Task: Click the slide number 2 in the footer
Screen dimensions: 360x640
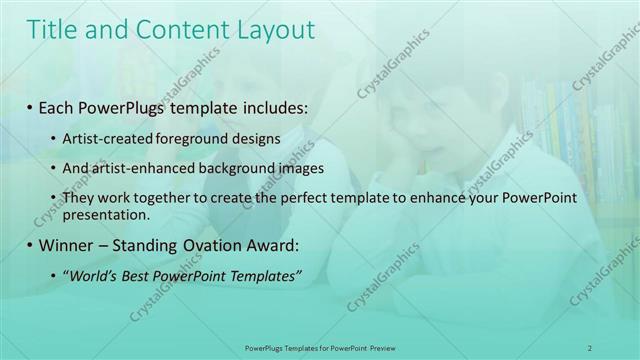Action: (589, 347)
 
